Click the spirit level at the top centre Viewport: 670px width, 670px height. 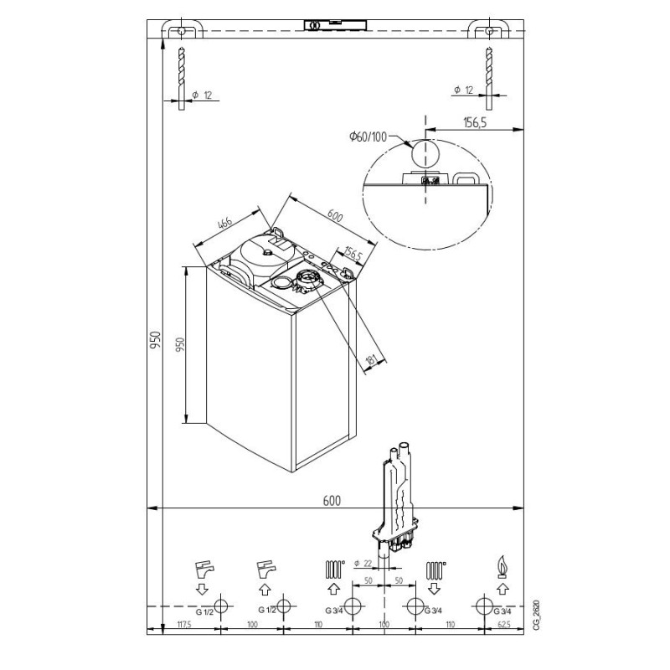click(x=336, y=25)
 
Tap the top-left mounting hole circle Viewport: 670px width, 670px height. click(x=181, y=31)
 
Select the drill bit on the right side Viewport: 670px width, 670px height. click(x=489, y=78)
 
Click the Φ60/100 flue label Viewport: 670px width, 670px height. click(x=368, y=137)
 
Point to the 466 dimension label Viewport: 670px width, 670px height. click(x=224, y=224)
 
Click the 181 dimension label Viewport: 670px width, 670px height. click(x=371, y=360)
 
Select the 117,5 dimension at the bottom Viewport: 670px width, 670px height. click(x=184, y=625)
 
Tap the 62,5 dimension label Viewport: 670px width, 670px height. click(x=504, y=625)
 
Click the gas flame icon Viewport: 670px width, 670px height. click(x=502, y=567)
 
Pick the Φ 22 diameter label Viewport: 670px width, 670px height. click(x=363, y=564)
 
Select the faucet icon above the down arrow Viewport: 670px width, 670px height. click(x=204, y=569)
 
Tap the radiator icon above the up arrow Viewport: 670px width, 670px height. click(x=334, y=569)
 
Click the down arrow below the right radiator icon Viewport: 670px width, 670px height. click(x=434, y=589)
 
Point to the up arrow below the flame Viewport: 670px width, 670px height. click(x=502, y=589)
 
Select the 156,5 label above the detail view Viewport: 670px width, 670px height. click(x=475, y=123)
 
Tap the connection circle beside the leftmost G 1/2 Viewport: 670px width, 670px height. click(x=221, y=606)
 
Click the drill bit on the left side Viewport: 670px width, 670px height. click(x=182, y=78)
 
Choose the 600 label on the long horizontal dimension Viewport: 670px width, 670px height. click(x=332, y=501)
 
